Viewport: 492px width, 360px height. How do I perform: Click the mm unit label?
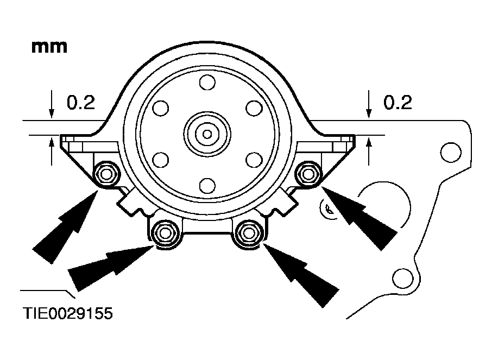click(49, 47)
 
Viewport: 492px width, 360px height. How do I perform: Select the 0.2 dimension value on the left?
click(80, 103)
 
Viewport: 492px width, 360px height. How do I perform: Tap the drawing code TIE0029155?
click(68, 314)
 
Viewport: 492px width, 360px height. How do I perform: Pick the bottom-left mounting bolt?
click(163, 233)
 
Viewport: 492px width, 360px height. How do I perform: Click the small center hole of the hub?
click(206, 133)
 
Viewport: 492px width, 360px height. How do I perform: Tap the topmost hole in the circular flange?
click(206, 83)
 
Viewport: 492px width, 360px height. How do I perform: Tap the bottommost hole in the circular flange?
click(206, 185)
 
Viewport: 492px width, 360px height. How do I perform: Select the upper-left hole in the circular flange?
click(160, 108)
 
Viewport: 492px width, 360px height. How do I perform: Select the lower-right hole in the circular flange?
click(253, 159)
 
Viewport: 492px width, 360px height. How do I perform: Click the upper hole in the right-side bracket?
click(450, 151)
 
